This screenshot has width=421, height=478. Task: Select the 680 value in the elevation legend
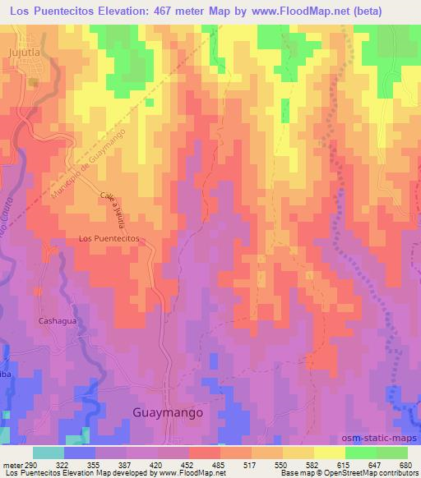click(x=405, y=464)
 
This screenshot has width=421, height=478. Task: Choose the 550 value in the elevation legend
click(x=282, y=464)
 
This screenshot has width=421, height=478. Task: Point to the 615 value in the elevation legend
click(x=343, y=464)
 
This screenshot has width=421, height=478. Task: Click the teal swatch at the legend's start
click(x=49, y=453)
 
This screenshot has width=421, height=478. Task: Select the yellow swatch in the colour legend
click(x=329, y=453)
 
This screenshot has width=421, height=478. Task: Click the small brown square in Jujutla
click(x=34, y=81)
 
